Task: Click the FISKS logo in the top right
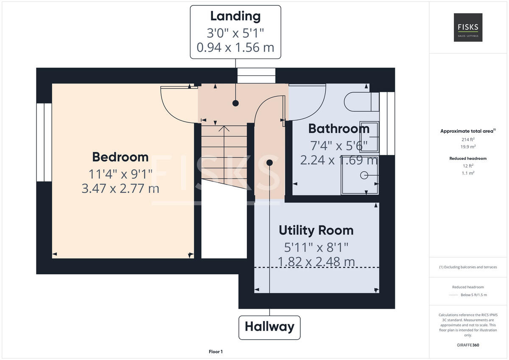468,28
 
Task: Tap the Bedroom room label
120,157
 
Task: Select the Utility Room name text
316,230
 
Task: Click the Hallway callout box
269,327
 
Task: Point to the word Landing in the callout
235,16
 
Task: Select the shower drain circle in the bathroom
364,175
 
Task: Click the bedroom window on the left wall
44,142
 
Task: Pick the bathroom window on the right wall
386,123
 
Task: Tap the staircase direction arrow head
224,128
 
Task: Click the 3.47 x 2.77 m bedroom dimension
120,188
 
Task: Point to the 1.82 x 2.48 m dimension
316,262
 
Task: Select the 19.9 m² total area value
468,147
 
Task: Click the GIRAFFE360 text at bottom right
468,345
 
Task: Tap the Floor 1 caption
215,352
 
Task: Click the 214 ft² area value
468,140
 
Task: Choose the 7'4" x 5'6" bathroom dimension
338,145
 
